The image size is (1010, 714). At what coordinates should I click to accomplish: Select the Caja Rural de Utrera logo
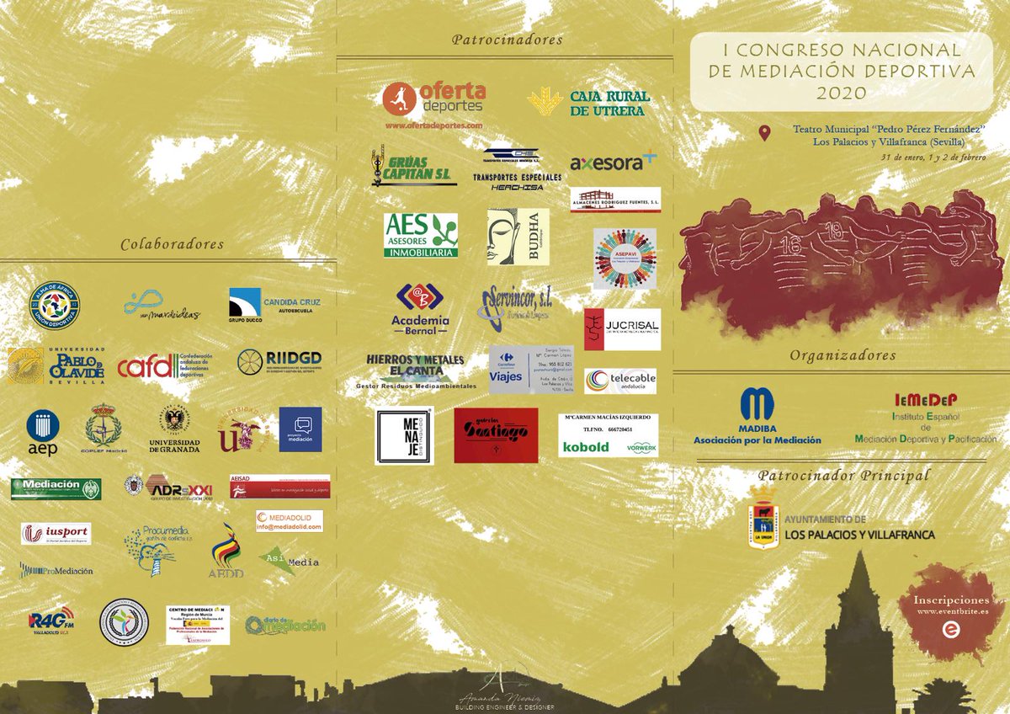589,103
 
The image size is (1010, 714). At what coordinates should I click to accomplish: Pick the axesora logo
613,162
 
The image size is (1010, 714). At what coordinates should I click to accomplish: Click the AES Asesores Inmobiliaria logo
421,234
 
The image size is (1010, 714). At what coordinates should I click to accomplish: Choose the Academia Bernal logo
420,307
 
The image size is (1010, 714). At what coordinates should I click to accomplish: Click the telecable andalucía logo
620,381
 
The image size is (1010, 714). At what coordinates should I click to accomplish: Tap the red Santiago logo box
496,435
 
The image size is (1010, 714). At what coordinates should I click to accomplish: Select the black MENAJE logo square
404,436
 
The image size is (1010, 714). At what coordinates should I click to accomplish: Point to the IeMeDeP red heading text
925,399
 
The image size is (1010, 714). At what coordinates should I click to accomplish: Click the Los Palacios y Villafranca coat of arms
762,518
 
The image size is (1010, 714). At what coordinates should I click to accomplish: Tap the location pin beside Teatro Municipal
764,133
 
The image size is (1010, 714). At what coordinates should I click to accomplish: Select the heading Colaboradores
172,244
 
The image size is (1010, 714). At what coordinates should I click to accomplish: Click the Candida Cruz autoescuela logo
274,306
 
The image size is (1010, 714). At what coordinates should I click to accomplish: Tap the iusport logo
56,534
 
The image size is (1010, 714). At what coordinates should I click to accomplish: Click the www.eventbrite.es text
951,613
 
